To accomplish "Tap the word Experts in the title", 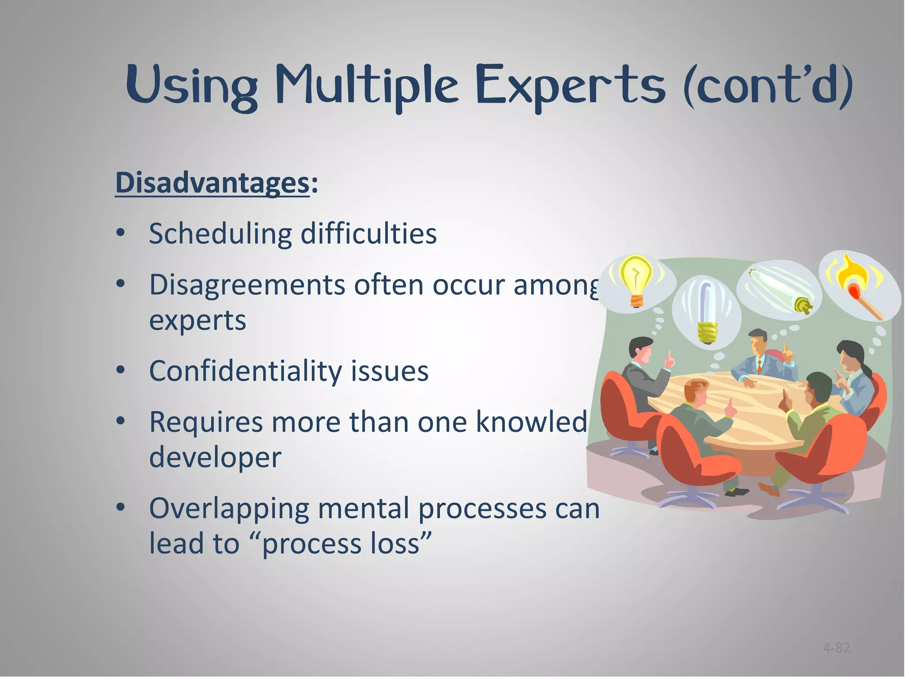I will (570, 85).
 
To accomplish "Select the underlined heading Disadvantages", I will (212, 183).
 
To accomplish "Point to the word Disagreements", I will (247, 285).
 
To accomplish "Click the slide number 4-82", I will (837, 648).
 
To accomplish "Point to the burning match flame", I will (855, 274).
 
